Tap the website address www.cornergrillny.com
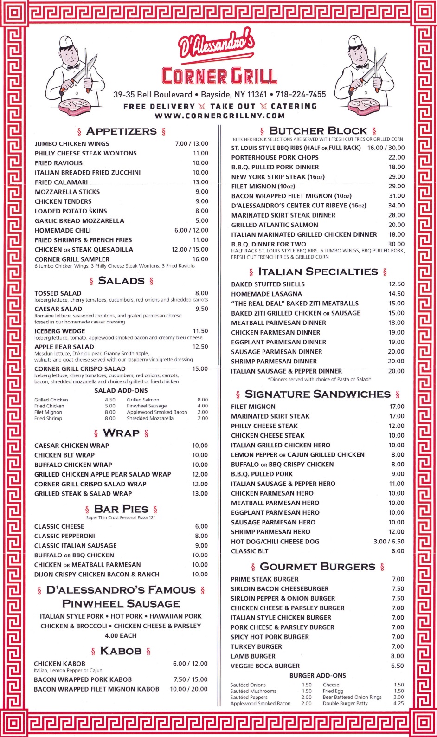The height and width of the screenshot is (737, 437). [219, 116]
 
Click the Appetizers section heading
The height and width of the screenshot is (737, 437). [121, 131]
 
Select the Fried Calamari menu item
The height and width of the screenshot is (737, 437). [61, 182]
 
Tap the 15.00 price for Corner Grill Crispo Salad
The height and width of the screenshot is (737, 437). [200, 369]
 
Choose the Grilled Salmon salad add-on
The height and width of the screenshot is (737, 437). [143, 400]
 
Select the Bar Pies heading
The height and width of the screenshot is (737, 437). [121, 509]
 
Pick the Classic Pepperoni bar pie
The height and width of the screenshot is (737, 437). [64, 536]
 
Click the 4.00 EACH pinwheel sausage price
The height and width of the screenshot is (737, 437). [121, 636]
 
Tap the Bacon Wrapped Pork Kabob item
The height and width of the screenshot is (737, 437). [83, 679]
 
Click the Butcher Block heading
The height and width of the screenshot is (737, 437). [318, 131]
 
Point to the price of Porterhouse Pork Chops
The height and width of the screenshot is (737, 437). [396, 158]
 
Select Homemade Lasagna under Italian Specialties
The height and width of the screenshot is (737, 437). [266, 294]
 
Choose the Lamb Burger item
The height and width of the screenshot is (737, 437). [253, 656]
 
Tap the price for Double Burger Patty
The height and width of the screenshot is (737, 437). [398, 703]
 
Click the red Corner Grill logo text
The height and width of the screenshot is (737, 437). [219, 76]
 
